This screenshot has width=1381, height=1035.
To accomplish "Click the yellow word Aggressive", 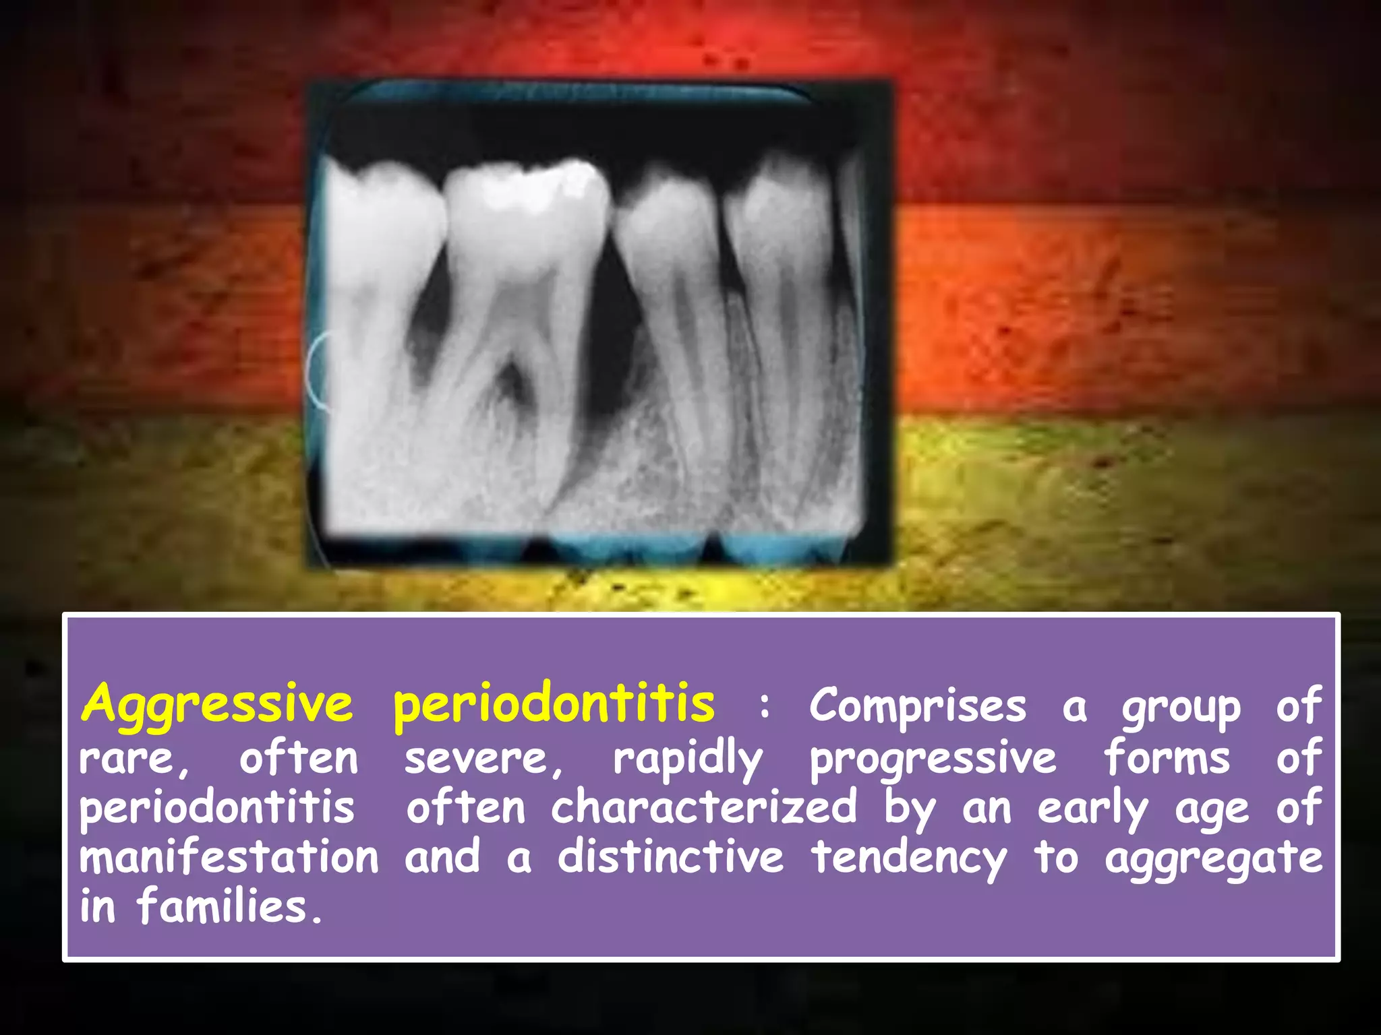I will pos(217,704).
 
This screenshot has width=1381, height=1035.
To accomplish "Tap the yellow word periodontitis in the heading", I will pos(554,704).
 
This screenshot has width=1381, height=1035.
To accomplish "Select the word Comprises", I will pos(917,706).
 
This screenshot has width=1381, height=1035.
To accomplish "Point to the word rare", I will pos(132,759).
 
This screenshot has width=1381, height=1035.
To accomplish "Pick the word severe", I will pos(483,759).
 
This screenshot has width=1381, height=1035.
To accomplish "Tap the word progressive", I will pos(933,759).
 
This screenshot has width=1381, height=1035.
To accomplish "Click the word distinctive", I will pos(671,857).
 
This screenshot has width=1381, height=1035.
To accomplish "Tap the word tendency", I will pos(909,858).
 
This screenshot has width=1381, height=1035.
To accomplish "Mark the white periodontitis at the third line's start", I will pos(217,809).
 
